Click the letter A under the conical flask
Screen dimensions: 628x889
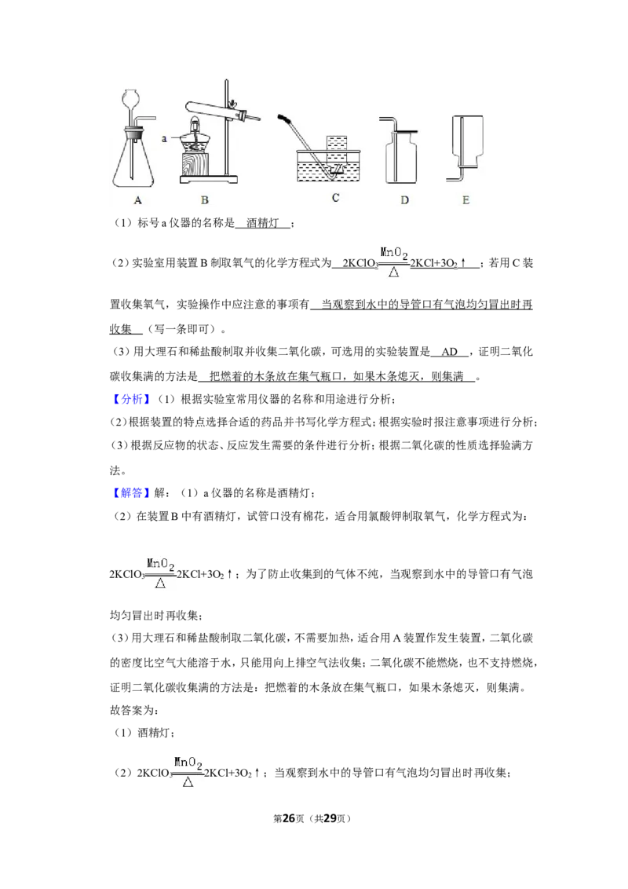[x=137, y=200]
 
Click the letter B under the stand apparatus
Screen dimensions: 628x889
[x=205, y=200]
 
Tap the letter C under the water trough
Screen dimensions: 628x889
[x=335, y=198]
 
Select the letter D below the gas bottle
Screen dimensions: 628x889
[x=405, y=200]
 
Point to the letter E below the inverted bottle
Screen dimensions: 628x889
[x=466, y=200]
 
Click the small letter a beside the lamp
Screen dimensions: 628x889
[x=164, y=138]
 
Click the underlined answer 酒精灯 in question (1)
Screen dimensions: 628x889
[x=262, y=223]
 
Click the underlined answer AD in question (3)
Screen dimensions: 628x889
[x=450, y=352]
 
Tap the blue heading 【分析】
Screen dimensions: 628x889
[x=132, y=400]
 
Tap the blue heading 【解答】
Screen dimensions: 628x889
[x=132, y=493]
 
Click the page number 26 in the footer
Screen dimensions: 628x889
[x=289, y=818]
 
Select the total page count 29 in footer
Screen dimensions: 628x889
[x=330, y=818]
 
